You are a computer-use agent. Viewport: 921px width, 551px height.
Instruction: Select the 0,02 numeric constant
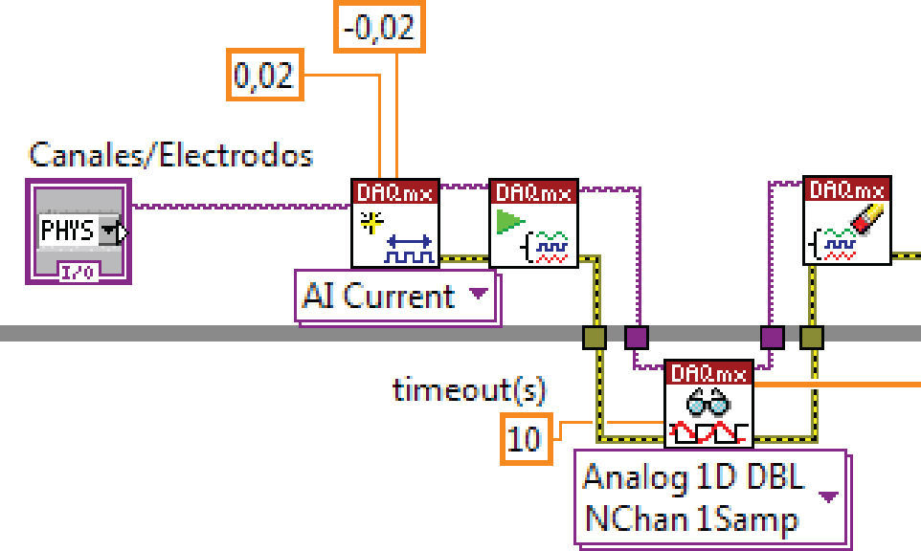point(263,74)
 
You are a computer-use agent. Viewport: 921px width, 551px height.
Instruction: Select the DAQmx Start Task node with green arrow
point(533,224)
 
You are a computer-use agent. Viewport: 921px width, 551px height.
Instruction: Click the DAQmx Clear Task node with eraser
point(846,221)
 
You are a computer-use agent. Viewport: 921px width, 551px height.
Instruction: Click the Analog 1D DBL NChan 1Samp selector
point(709,498)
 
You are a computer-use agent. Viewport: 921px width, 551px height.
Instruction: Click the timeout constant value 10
point(525,439)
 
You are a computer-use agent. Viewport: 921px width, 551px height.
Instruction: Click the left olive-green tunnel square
point(595,337)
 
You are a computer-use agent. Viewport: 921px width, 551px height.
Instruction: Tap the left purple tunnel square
point(636,337)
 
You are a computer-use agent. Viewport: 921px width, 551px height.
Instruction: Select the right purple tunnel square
point(772,337)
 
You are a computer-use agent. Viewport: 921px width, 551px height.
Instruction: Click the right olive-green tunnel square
point(812,337)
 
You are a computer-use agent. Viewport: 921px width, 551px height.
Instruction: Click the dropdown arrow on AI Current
point(478,294)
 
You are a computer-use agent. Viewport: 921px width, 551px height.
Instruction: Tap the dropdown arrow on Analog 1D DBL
point(828,496)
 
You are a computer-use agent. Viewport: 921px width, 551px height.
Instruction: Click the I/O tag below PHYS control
point(76,272)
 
